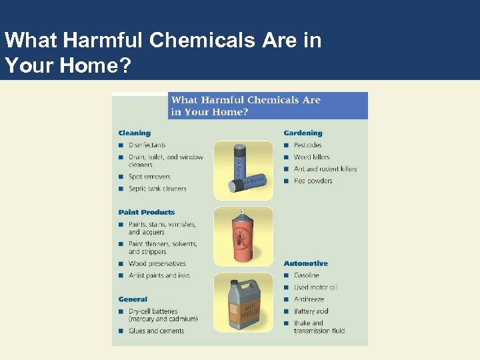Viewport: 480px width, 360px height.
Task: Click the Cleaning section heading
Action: click(x=135, y=133)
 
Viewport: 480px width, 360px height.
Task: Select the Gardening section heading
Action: click(x=303, y=133)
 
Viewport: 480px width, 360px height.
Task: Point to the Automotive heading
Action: click(x=306, y=263)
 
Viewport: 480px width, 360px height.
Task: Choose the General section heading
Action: click(x=133, y=299)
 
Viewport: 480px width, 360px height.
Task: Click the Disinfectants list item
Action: click(x=147, y=145)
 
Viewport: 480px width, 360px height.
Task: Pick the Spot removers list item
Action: click(x=149, y=177)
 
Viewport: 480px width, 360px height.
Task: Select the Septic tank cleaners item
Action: click(x=157, y=189)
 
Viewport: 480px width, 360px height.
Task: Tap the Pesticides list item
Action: click(x=307, y=145)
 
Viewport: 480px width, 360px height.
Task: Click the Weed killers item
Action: click(x=311, y=157)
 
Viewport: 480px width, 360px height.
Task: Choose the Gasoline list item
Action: click(x=307, y=275)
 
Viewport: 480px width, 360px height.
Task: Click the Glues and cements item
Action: click(x=156, y=331)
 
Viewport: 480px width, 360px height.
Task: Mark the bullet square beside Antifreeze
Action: click(x=287, y=299)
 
